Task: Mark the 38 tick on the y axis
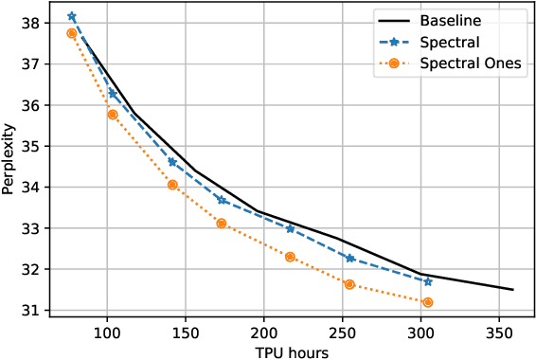tap(27, 23)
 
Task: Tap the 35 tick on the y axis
tap(27, 146)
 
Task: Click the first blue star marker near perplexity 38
tap(72, 17)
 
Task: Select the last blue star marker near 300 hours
tap(428, 281)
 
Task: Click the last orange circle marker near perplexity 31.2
tap(428, 302)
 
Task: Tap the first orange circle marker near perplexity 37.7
tap(72, 33)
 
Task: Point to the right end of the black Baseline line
tap(513, 290)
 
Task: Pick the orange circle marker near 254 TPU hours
tap(349, 284)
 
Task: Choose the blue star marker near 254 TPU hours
tap(350, 258)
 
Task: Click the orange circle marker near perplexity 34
tap(172, 185)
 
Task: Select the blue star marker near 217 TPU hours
tap(291, 228)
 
